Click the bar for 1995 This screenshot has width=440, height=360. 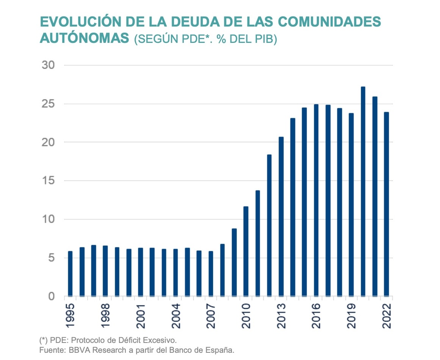pos(70,274)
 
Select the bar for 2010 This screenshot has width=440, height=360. pos(246,252)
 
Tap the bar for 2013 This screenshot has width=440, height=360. pos(281,217)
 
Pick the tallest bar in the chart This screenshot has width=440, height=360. pos(363,192)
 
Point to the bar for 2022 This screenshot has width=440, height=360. pos(387,204)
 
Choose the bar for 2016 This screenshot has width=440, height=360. pos(316,200)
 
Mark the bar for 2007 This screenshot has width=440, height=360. pos(211,274)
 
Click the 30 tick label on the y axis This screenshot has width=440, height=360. pos(48,65)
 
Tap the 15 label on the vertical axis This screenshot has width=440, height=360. pos(48,181)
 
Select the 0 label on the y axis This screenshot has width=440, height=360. pos(51,296)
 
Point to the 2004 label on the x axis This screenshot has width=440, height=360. pos(176,316)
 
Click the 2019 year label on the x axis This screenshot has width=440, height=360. pos(351,316)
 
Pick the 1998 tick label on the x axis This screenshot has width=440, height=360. pos(105,316)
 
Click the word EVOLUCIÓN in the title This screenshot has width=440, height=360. pos(81,21)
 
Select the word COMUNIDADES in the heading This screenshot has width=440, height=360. pos(329,22)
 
